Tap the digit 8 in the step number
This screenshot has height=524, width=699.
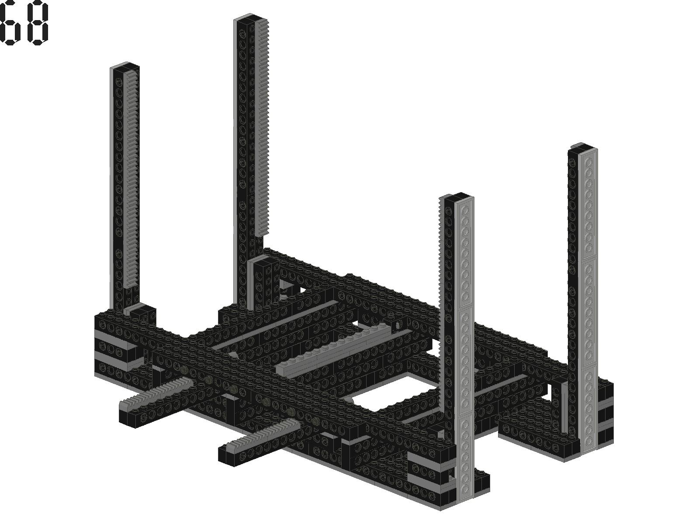(38, 23)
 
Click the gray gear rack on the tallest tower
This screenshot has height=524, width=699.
(263, 127)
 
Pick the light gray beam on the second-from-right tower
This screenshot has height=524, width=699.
(465, 350)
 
